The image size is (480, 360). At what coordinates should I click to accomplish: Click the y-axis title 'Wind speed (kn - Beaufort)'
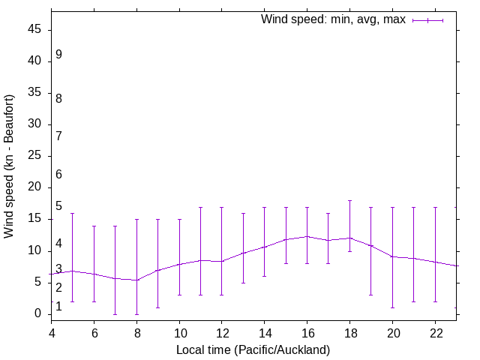click(10, 166)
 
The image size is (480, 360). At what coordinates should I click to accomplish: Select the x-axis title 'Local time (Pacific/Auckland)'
click(253, 349)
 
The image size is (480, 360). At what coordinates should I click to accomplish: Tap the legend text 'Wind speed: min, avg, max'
click(333, 19)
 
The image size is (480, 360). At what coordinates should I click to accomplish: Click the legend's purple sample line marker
click(427, 20)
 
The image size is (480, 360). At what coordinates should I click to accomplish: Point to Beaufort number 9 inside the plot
click(58, 55)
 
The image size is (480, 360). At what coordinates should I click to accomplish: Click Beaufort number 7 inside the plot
click(58, 136)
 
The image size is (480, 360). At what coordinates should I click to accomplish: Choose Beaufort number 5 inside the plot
click(58, 206)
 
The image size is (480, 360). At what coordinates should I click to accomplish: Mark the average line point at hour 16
click(307, 236)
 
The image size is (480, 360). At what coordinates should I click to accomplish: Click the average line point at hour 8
click(136, 280)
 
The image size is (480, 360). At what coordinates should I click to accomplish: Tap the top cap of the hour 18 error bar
click(349, 200)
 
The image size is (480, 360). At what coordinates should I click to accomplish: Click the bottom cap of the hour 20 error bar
click(392, 307)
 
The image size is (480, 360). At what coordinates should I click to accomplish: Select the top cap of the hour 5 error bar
click(73, 213)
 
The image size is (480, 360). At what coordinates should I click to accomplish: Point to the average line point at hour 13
click(243, 253)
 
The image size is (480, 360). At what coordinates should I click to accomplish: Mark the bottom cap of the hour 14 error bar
click(264, 276)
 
